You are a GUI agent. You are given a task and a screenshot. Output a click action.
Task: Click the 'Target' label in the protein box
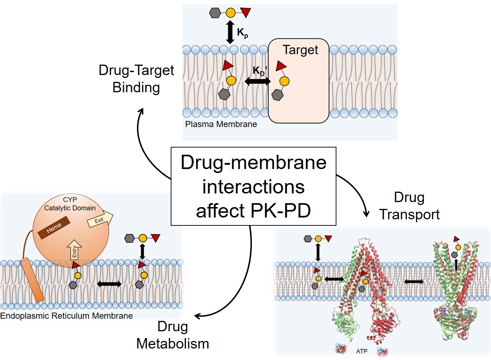[x=300, y=50]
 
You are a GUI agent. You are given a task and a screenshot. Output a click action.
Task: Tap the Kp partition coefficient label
[x=242, y=33]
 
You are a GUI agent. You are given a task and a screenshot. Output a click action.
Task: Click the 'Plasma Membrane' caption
[x=221, y=124]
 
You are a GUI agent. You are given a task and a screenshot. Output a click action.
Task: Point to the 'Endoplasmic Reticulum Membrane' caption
[x=66, y=316]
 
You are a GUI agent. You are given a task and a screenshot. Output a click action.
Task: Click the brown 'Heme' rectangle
[x=54, y=228]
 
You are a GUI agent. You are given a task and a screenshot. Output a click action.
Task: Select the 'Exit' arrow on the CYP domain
[x=100, y=220]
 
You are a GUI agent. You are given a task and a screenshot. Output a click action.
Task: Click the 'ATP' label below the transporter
[x=362, y=351]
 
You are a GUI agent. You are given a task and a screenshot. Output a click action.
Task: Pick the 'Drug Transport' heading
[x=409, y=206]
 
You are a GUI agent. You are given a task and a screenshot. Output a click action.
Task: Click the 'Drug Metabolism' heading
[x=173, y=335]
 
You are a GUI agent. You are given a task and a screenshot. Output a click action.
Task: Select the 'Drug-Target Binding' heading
[x=136, y=79]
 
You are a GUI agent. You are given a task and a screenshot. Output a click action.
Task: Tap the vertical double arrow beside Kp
[x=230, y=32]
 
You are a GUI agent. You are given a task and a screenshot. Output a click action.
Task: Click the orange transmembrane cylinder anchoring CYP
[x=32, y=280]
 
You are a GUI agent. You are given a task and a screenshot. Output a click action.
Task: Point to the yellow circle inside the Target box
[x=284, y=81]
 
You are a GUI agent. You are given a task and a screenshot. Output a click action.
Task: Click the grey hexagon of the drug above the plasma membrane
[x=215, y=13]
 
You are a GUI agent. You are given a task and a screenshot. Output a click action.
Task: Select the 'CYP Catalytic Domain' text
[x=70, y=204]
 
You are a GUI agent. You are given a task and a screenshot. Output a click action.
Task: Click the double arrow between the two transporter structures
[x=414, y=282]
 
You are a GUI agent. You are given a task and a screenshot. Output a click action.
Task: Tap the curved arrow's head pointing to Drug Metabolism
[x=198, y=316]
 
